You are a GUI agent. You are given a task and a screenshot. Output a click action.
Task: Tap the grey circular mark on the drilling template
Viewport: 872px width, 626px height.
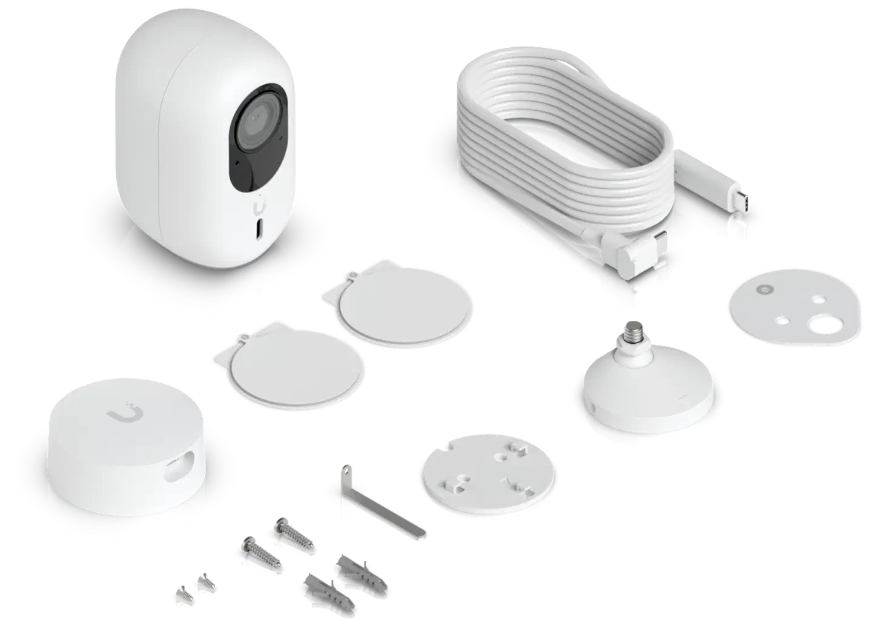(x=762, y=291)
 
